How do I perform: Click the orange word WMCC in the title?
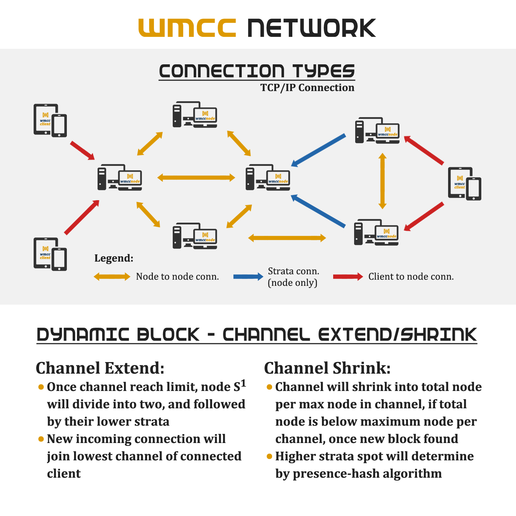pyautogui.click(x=187, y=27)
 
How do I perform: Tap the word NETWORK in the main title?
pyautogui.click(x=311, y=27)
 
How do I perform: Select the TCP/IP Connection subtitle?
pyautogui.click(x=307, y=87)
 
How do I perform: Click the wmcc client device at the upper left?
pyautogui.click(x=50, y=120)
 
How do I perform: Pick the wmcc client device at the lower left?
pyautogui.click(x=50, y=254)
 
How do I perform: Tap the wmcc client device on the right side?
pyautogui.click(x=465, y=184)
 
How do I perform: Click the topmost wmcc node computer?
pyautogui.click(x=195, y=114)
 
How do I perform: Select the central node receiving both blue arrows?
pyautogui.click(x=268, y=177)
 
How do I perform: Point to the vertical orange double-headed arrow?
pyautogui.click(x=382, y=181)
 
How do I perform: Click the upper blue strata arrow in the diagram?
pyautogui.click(x=318, y=150)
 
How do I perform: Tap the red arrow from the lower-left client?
pyautogui.click(x=82, y=218)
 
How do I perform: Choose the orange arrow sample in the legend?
pyautogui.click(x=112, y=277)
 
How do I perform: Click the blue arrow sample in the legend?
pyautogui.click(x=248, y=277)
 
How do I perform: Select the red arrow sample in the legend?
pyautogui.click(x=348, y=277)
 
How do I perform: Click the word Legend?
pyautogui.click(x=114, y=258)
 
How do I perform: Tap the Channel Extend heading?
pyautogui.click(x=100, y=368)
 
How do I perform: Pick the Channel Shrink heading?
pyautogui.click(x=327, y=368)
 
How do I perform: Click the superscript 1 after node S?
pyautogui.click(x=243, y=384)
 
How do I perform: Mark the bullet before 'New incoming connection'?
pyautogui.click(x=41, y=439)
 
